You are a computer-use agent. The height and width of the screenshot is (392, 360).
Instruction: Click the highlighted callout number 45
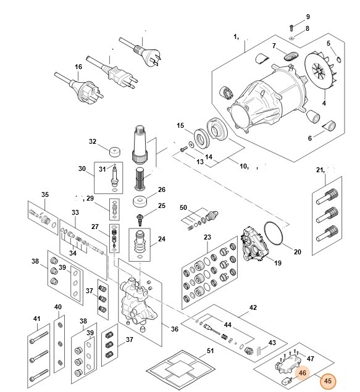[328, 380]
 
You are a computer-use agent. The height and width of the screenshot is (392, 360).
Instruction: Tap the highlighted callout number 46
[303, 372]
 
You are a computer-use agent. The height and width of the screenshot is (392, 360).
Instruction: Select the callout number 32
[93, 141]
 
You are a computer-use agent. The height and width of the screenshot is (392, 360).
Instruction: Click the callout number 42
[253, 307]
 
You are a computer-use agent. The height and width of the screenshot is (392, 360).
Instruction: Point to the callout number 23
[207, 237]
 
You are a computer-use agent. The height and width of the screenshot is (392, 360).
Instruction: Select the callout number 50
[183, 207]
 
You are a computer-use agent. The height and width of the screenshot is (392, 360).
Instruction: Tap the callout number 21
[320, 170]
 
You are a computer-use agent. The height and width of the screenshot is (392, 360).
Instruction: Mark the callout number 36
[175, 329]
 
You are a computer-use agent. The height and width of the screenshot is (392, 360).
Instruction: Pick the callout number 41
[36, 319]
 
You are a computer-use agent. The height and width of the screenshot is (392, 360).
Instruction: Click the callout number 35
[44, 195]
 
